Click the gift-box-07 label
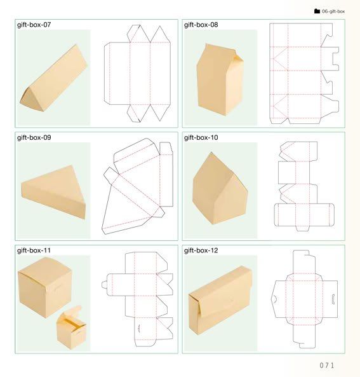34,25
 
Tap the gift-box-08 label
201,25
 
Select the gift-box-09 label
34,137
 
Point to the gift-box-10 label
201,137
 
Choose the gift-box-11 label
34,250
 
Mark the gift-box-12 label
201,250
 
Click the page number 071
326,366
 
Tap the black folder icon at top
317,11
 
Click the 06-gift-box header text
333,11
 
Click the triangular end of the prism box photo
30,100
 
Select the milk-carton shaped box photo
220,79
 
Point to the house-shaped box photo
220,189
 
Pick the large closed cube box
45,287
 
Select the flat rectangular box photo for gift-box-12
220,301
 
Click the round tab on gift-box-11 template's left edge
104,285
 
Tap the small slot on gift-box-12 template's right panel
333,299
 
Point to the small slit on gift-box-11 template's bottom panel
139,328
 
